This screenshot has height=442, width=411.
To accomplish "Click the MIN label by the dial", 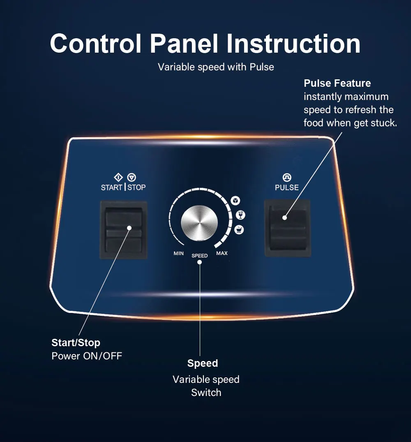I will [x=179, y=253].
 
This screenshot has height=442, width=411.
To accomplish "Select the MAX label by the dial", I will [x=222, y=253].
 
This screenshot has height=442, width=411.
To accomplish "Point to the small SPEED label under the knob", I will [x=200, y=256].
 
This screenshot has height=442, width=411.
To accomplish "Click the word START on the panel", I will [x=112, y=187].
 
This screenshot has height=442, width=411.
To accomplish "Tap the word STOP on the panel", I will [x=136, y=187].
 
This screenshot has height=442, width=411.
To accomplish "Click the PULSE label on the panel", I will [x=287, y=187].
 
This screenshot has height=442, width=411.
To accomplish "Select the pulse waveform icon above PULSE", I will [x=287, y=178].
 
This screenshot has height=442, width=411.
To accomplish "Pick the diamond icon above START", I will [x=118, y=178].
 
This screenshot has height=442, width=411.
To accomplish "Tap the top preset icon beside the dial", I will [x=235, y=200].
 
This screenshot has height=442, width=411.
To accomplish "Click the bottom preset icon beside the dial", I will [x=238, y=230].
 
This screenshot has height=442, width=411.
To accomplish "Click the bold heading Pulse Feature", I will [x=337, y=83].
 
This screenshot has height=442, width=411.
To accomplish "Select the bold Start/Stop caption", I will [x=76, y=342].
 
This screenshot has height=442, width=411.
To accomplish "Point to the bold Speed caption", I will [x=203, y=363].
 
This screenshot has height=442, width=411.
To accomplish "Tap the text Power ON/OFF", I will [x=87, y=356].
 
